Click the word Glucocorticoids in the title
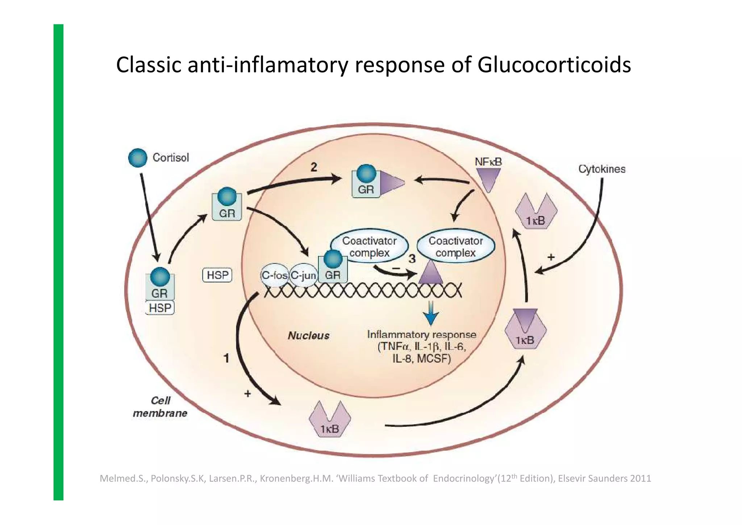[x=554, y=65]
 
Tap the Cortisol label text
[x=171, y=158]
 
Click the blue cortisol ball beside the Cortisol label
[x=138, y=158]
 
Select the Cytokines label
[x=601, y=169]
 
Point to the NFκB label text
[x=488, y=162]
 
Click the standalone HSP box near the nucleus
[x=217, y=275]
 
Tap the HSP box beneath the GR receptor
[x=160, y=308]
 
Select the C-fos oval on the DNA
[x=274, y=276]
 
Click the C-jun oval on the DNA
[x=303, y=276]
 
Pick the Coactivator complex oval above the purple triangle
[x=455, y=247]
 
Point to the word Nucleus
[x=308, y=336]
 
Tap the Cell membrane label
[x=160, y=407]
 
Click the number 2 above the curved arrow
[x=314, y=167]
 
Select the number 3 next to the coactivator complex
[x=412, y=259]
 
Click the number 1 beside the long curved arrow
[x=226, y=358]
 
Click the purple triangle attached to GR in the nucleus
[x=391, y=183]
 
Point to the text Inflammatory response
[x=421, y=334]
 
